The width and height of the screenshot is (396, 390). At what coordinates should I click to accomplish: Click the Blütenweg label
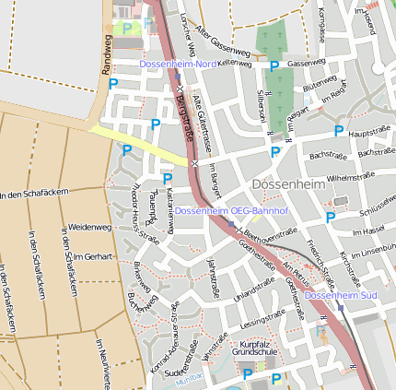pos(320,84)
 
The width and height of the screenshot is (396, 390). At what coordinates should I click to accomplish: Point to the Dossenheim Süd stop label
pos(341,295)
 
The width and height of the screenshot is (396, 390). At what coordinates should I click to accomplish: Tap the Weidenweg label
pos(89,226)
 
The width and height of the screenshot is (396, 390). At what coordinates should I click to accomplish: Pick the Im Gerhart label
pos(91,255)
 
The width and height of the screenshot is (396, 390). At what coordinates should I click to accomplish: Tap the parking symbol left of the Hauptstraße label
pos(339,131)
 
